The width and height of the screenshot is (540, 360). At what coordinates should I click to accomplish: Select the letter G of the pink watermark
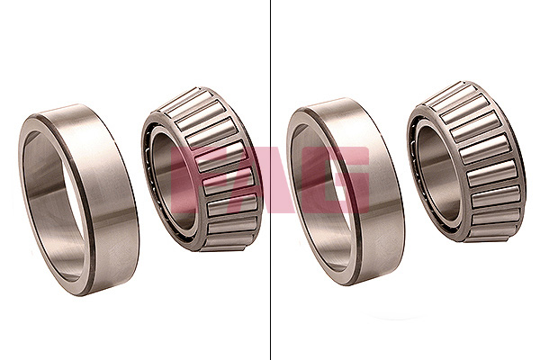tap(336, 179)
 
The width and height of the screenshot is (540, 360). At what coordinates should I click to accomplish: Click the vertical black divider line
tap(270, 180)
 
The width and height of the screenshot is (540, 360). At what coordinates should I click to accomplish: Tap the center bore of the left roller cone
tap(171, 179)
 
